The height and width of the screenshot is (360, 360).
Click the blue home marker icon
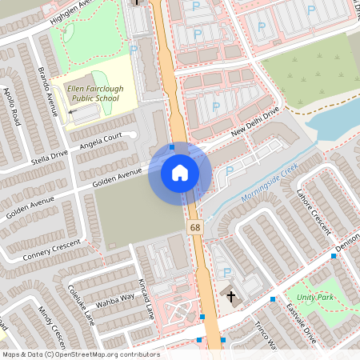point(179,172)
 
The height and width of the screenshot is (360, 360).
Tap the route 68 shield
point(195,228)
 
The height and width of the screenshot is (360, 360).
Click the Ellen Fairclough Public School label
point(94,92)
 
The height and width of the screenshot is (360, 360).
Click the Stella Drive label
point(49,152)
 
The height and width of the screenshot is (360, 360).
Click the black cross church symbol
point(231,297)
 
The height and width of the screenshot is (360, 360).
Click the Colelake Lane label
point(82,305)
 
